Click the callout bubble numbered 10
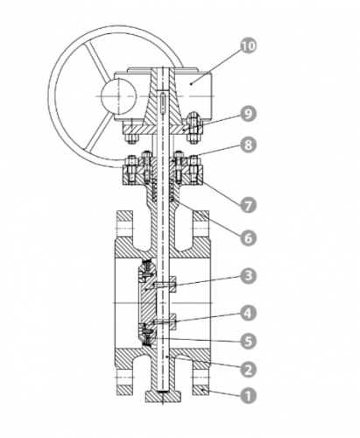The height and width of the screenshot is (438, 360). click(x=248, y=46)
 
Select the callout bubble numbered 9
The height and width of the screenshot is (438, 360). click(x=248, y=114)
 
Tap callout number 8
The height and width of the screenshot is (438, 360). click(x=248, y=145)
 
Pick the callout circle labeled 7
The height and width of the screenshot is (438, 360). click(x=248, y=205)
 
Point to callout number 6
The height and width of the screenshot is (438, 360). click(x=248, y=238)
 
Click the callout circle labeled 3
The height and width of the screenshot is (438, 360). click(x=248, y=276)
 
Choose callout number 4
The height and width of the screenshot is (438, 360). click(x=248, y=314)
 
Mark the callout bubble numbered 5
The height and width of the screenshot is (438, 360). click(x=248, y=341)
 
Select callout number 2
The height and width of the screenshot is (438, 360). click(x=248, y=369)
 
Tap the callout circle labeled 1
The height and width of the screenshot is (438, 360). click(x=248, y=396)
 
